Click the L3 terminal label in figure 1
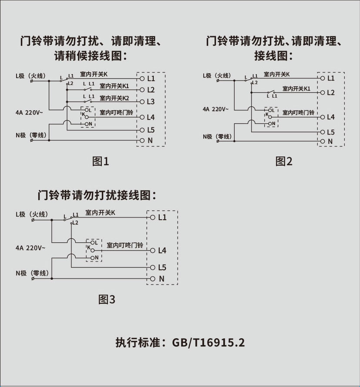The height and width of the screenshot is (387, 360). coord(151,102)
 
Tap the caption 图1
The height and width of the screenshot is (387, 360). coord(101,162)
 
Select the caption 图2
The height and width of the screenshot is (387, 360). coord(284,162)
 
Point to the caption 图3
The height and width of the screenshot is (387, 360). coord(107,299)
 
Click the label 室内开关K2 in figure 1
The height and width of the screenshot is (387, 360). coord(114,98)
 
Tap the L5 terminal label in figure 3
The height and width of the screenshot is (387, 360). coord(162,267)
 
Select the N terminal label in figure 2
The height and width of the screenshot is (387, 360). coord(330,141)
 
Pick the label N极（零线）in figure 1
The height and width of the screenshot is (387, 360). coord(30,135)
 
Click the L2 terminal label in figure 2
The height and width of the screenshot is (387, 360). coord(330,92)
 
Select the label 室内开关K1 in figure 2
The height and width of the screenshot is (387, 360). coord(296,88)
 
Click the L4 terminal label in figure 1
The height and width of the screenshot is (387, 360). coord(151,117)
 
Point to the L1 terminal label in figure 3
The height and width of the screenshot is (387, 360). coord(162,217)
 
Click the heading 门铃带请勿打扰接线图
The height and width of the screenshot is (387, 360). coord(97,195)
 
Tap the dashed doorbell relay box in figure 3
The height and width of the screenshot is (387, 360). coord(94,251)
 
